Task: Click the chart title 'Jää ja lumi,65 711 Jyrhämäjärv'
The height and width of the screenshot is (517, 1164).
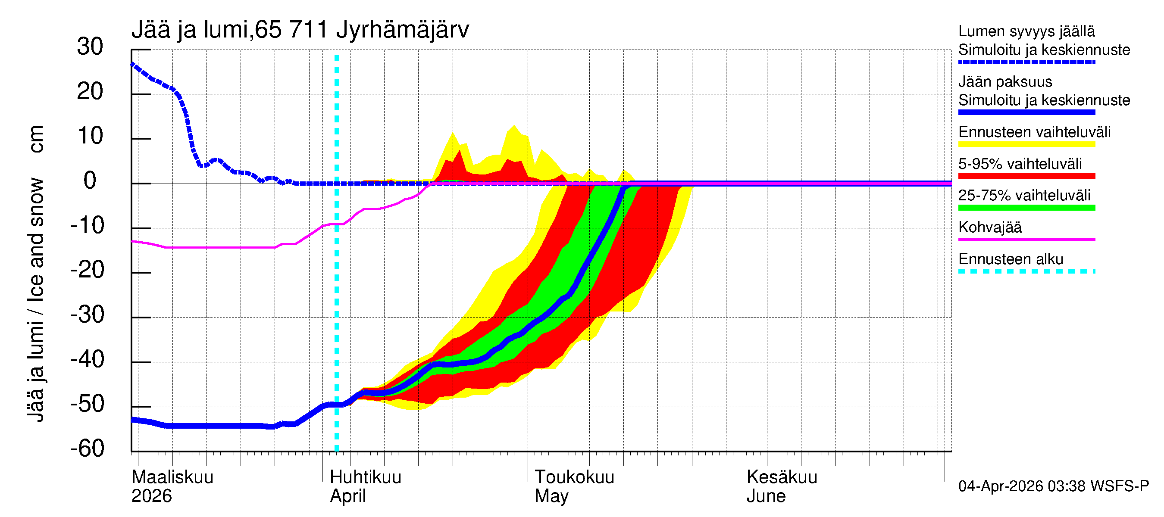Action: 300,30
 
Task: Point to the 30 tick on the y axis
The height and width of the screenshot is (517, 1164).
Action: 90,47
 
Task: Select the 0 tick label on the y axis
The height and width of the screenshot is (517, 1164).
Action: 90,181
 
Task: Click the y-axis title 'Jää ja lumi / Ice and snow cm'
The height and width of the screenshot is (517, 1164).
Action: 36,274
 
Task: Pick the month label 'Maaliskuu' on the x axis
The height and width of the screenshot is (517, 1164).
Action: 172,477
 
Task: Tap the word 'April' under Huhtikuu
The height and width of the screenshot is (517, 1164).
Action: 347,496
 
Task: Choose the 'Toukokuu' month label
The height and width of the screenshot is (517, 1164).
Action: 574,477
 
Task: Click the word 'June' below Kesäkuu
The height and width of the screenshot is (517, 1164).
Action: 766,496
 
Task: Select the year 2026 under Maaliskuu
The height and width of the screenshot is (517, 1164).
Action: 151,496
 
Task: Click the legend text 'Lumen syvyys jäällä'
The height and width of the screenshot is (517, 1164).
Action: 1026,31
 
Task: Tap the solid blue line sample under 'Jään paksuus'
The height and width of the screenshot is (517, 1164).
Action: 1026,112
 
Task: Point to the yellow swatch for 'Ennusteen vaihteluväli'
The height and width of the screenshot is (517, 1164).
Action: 1026,144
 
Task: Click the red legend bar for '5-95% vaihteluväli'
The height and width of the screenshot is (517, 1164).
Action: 1026,176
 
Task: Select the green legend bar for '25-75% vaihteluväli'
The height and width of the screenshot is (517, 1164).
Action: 1026,208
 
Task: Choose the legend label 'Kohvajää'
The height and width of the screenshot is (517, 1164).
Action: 989,227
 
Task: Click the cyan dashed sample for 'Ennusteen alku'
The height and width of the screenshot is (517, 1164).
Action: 1026,271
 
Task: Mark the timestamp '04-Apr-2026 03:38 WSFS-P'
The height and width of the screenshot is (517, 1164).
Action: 1053,486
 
